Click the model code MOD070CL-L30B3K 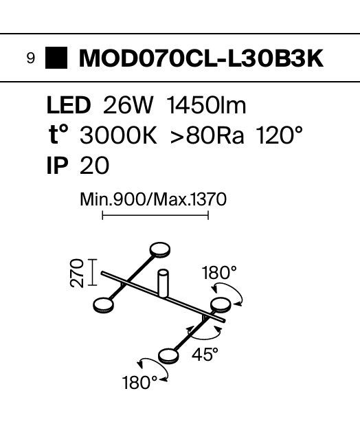201,58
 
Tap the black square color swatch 56,58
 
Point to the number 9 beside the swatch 31,58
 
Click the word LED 69,105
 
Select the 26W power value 128,105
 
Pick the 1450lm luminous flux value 206,105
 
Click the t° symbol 58,135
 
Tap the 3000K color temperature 118,135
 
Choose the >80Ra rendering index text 207,135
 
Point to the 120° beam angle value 279,135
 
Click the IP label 58,166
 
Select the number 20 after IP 94,166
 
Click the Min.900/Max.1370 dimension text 153,200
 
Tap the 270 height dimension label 77,273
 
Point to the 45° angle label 205,355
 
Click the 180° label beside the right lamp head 219,273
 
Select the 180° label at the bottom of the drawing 139,383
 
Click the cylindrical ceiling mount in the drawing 163,283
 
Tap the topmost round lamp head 160,250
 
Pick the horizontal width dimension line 155,216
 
